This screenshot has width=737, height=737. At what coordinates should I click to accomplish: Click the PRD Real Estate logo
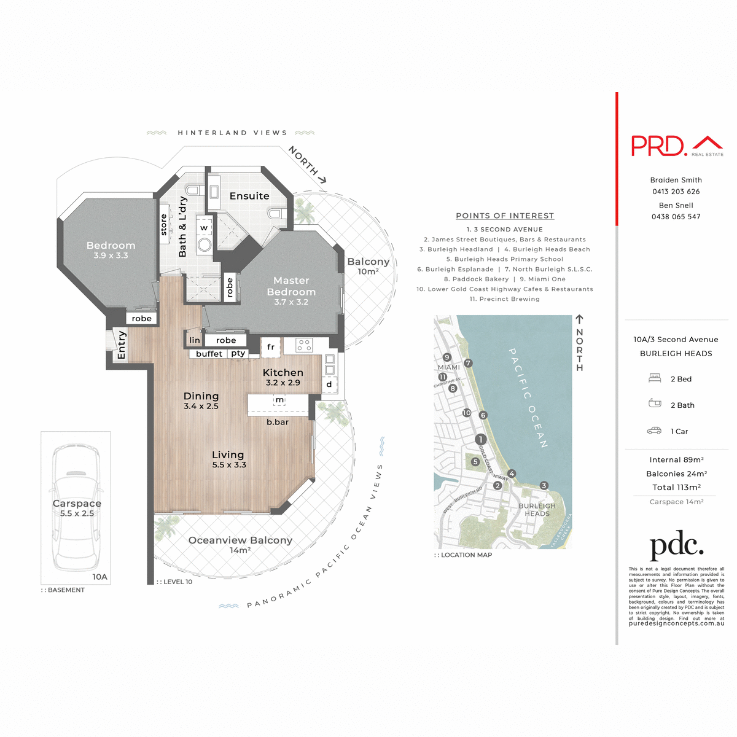tap(677, 146)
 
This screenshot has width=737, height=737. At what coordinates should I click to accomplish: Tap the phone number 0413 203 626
tap(676, 192)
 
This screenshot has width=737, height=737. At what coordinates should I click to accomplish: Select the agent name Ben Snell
tap(676, 205)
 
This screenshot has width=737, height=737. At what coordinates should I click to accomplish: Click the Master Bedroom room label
tap(291, 286)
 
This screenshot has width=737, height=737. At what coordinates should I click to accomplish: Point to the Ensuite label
tap(249, 196)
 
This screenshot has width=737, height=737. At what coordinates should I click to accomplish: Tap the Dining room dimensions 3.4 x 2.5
tap(201, 406)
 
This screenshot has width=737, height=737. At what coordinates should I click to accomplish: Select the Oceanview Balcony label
tap(240, 540)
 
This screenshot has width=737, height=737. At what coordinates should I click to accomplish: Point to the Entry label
tap(121, 345)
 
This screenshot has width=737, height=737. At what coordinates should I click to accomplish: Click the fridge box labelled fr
tap(270, 347)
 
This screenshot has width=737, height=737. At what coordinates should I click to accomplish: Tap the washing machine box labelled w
tap(204, 228)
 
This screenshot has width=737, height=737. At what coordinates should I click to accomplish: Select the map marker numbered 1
tap(480, 439)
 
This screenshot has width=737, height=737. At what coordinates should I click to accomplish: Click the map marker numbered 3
tap(544, 486)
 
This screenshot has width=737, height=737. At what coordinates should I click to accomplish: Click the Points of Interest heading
tap(505, 216)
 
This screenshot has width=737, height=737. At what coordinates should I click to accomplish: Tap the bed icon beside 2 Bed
tap(655, 378)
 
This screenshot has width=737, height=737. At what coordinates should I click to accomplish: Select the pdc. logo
tap(676, 545)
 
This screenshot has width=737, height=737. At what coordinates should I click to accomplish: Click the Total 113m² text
tap(676, 487)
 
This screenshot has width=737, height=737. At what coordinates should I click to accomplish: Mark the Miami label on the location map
tap(448, 367)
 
